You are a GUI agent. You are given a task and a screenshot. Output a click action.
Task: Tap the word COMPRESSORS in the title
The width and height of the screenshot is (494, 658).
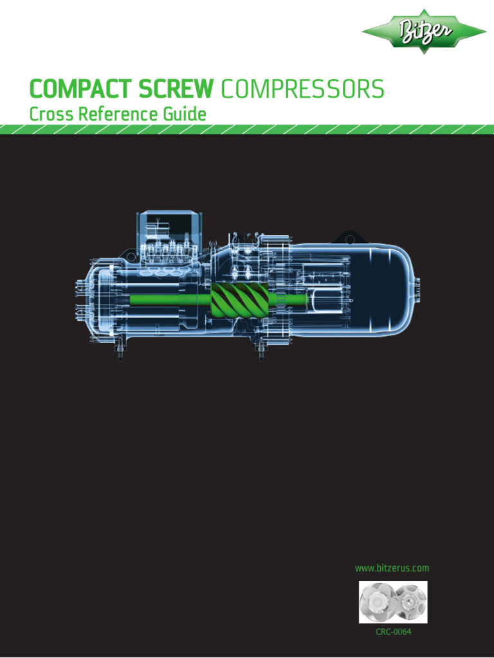point(302,89)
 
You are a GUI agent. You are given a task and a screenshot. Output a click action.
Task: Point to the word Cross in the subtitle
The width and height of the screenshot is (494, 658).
point(51,114)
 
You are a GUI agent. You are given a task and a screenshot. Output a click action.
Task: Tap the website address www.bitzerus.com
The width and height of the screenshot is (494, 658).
point(392,568)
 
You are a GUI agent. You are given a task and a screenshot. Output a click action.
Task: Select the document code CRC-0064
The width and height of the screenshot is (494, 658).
point(393,632)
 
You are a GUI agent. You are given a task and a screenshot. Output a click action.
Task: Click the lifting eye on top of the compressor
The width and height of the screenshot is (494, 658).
point(349,238)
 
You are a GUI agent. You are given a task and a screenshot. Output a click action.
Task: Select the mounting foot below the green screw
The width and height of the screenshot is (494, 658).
point(261,351)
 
